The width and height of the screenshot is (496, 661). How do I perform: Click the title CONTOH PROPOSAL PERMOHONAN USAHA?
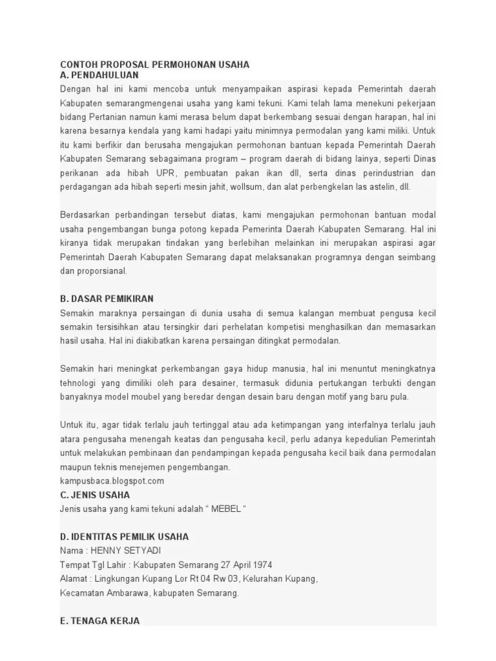pos(154,65)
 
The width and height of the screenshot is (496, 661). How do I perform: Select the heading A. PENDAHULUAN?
pos(99,75)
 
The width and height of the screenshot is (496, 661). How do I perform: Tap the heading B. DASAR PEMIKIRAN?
pos(107,298)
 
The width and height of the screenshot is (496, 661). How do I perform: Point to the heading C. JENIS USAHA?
pos(95,494)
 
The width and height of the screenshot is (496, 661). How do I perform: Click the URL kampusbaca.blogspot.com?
pos(112,481)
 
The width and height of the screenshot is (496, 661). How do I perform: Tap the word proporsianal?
pos(103,271)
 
